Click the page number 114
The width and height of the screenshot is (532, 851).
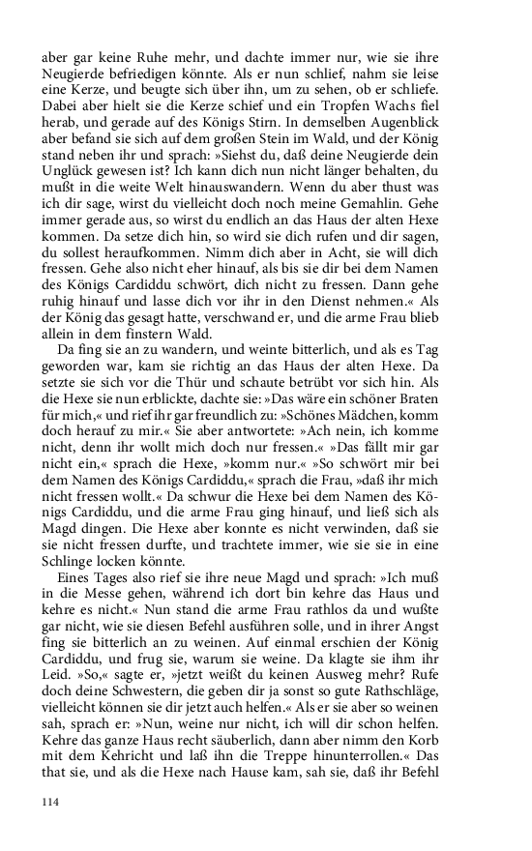[x=51, y=802]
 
